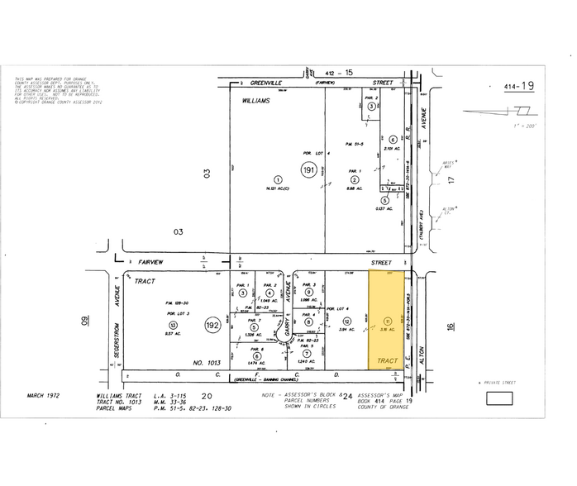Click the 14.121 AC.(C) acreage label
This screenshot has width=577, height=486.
[x=279, y=189]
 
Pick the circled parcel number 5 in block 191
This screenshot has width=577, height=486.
[x=384, y=199]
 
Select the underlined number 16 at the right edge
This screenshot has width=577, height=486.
[x=451, y=327]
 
